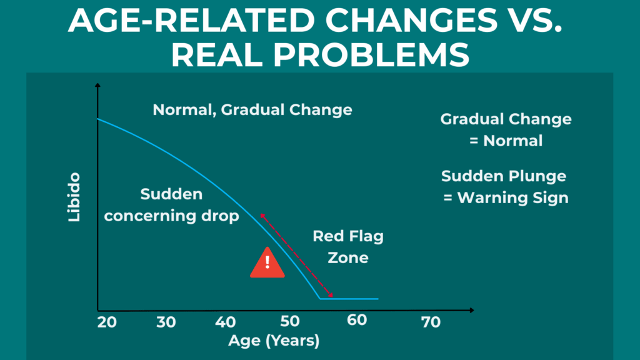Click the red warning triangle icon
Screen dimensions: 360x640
coord(267,263)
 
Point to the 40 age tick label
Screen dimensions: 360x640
coord(226,322)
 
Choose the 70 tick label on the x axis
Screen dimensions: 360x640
coord(431,322)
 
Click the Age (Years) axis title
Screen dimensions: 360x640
coord(274,341)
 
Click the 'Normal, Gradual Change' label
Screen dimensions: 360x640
coord(252,110)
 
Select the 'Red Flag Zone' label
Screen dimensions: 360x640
coord(348,247)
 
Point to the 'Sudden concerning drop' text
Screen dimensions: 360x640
coord(171,205)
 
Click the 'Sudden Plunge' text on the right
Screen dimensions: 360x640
coord(504,176)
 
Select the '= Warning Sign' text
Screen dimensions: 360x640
coord(506,198)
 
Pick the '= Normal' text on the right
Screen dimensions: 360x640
coord(506,141)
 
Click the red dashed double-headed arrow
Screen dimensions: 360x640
coord(296,255)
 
